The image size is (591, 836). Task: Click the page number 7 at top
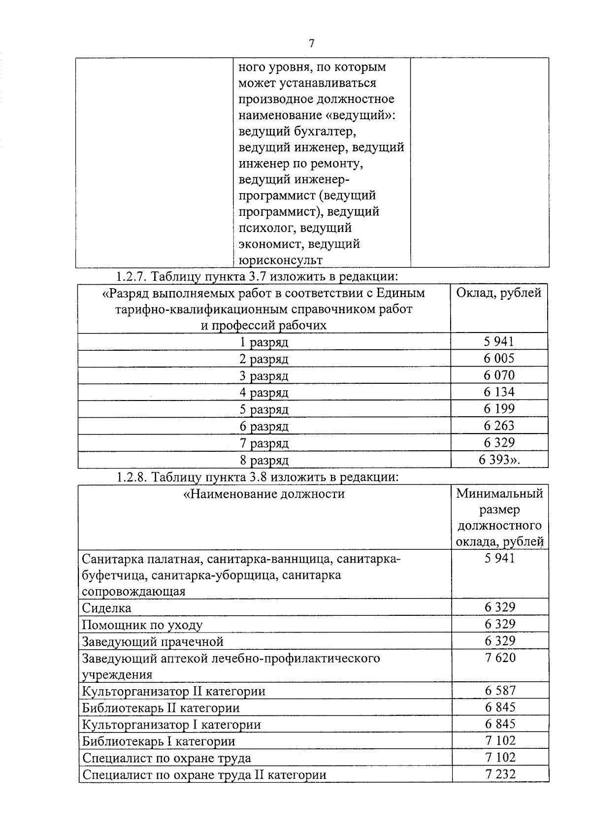pyautogui.click(x=311, y=43)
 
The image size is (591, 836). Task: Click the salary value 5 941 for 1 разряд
pyautogui.click(x=498, y=341)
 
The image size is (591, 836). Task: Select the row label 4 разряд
pyautogui.click(x=264, y=393)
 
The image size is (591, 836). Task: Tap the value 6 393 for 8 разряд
pyautogui.click(x=498, y=460)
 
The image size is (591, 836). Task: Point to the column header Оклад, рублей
pyautogui.click(x=498, y=293)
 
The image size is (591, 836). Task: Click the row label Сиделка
pyautogui.click(x=106, y=608)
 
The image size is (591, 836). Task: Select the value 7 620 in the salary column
pyautogui.click(x=500, y=658)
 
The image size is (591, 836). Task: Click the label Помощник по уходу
pyautogui.click(x=142, y=625)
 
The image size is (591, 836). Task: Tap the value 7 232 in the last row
pyautogui.click(x=500, y=774)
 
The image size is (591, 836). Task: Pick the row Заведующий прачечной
pyautogui.click(x=153, y=642)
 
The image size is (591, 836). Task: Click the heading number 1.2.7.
pyautogui.click(x=131, y=276)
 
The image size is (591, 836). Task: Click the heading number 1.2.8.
pyautogui.click(x=131, y=477)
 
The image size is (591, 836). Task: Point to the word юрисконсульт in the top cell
pyautogui.click(x=281, y=260)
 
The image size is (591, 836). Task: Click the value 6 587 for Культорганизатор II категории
pyautogui.click(x=500, y=691)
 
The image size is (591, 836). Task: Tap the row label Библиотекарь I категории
pyautogui.click(x=159, y=741)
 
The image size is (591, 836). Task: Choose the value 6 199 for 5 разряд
pyautogui.click(x=498, y=408)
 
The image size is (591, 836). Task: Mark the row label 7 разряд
pyautogui.click(x=264, y=443)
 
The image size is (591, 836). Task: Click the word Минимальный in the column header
pyautogui.click(x=499, y=494)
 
